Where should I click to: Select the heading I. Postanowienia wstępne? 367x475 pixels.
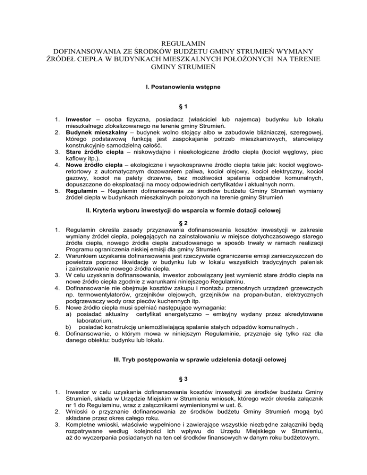(x=183, y=88)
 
